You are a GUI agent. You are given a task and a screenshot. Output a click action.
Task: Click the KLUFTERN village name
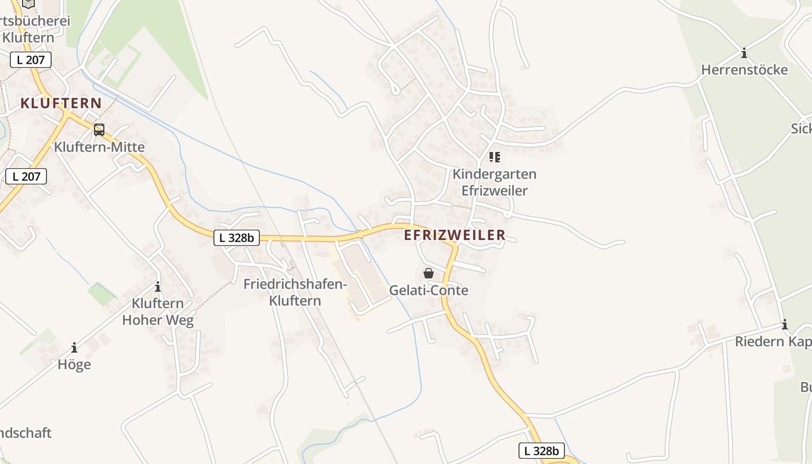61,104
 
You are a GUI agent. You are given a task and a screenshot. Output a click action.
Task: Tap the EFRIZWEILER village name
455,235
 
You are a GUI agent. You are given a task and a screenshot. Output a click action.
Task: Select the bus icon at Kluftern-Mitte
99,129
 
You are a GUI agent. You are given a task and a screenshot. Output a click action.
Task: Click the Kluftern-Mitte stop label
99,147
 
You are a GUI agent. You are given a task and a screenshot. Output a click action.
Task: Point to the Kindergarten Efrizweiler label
494,182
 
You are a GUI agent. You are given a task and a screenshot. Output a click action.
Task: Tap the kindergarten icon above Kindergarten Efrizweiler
494,157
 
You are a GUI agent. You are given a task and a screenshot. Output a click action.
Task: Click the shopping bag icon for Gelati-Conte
429,273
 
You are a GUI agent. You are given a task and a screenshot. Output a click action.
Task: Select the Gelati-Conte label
429,290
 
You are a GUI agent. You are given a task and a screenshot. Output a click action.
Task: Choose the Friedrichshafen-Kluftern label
295,292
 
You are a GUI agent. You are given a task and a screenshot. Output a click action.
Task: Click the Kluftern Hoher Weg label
158,311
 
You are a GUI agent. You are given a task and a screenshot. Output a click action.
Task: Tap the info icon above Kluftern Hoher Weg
157,287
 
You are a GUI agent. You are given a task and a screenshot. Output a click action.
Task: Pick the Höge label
74,364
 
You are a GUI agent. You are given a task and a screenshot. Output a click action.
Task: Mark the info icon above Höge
74,347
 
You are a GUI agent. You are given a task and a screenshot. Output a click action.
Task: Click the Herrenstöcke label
744,70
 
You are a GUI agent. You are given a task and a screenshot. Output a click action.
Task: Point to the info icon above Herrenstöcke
744,53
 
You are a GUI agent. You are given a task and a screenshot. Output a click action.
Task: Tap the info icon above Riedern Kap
785,324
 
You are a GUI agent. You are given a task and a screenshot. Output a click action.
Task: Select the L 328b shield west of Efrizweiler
237,237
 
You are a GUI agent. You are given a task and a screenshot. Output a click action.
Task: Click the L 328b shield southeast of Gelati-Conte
541,451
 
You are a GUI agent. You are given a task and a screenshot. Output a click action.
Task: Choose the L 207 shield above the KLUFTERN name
31,59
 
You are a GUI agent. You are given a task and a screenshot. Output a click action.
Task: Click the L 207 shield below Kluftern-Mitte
26,176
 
